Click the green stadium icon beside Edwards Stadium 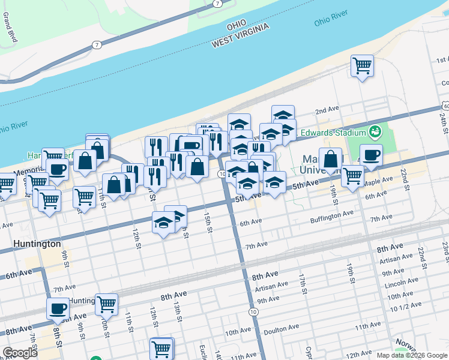coord(376,130)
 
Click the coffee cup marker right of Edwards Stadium coord(371,154)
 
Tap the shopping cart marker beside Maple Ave coord(352,175)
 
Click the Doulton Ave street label coord(282,329)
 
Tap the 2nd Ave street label coord(328,110)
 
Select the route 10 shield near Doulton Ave coord(254,312)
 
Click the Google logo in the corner coord(20,353)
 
